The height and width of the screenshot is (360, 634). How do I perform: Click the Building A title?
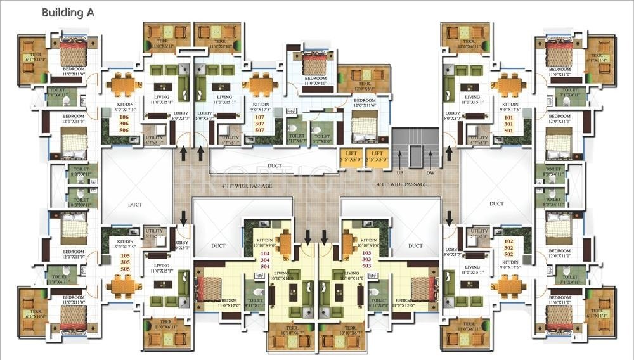pyautogui.click(x=68, y=12)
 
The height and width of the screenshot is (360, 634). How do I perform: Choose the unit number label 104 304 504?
pyautogui.click(x=265, y=259)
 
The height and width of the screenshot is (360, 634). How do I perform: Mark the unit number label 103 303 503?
pyautogui.click(x=367, y=259)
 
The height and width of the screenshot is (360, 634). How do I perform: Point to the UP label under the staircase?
pyautogui.click(x=399, y=172)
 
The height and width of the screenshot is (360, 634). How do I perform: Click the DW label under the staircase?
pyautogui.click(x=430, y=172)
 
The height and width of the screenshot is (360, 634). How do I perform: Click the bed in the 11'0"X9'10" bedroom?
pyautogui.click(x=314, y=61)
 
